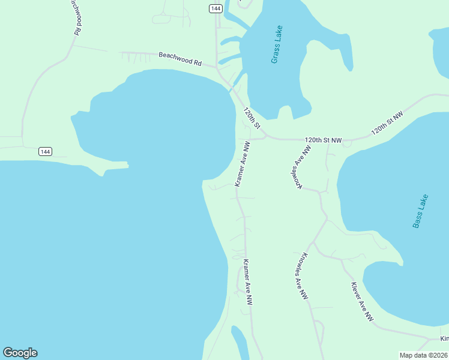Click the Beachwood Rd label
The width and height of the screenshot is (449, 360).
179,59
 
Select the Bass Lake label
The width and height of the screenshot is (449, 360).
420,211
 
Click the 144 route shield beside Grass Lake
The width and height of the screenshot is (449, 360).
216,8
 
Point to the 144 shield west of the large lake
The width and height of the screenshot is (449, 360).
45,151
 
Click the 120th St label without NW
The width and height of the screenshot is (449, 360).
252,118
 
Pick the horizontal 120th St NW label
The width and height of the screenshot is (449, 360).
323,140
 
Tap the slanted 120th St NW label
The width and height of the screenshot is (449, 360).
387,122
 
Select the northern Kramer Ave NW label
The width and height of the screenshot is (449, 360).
242,164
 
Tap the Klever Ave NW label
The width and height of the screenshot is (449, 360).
362,301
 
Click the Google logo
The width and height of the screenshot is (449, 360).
20,353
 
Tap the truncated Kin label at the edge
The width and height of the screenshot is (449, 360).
444,339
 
